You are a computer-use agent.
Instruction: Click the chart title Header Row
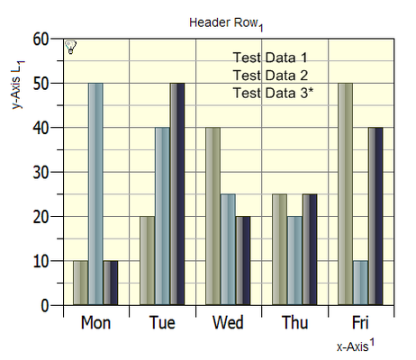226,23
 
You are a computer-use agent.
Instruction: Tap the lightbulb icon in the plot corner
70,47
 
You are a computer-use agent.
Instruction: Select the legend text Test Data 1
270,58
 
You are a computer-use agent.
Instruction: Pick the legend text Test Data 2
270,76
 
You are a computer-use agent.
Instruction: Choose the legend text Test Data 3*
273,93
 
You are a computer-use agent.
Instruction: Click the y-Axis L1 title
18,85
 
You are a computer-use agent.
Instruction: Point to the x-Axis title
356,345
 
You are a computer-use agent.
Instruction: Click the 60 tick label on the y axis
41,40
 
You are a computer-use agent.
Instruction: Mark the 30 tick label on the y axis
41,173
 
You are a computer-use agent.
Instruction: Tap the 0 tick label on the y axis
45,306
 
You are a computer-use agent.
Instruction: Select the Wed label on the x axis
228,323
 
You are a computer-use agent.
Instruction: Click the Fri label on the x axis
360,323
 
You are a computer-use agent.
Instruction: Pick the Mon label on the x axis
95,323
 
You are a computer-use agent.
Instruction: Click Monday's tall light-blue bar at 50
95,194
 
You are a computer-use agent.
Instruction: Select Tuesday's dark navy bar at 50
177,194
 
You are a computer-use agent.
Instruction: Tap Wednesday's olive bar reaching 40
213,216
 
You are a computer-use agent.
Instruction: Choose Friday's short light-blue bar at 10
360,283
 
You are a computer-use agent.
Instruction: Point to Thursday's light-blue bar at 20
294,261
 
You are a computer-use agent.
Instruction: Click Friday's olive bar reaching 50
346,194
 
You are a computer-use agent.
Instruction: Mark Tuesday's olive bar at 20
148,261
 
